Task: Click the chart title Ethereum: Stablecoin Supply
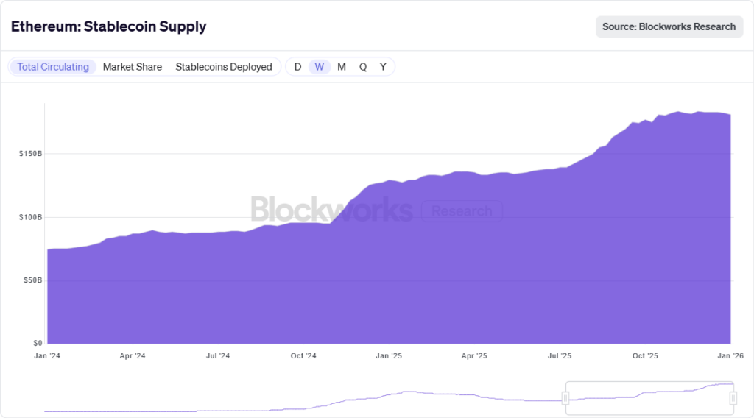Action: coord(108,26)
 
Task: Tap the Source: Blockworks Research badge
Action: coord(669,26)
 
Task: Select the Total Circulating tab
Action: coord(53,67)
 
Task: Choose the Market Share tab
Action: coord(133,67)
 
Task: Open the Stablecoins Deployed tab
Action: coord(224,67)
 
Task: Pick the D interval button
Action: coord(297,67)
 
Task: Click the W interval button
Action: coord(319,67)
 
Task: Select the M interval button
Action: coord(342,67)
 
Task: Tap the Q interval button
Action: coord(363,67)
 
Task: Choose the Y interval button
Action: coord(383,67)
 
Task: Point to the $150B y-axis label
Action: coord(29,154)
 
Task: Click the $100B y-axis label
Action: coord(29,217)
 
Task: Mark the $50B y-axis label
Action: coord(31,280)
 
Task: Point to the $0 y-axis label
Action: coord(35,343)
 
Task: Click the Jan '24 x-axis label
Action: coord(47,356)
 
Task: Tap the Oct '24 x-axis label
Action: coord(303,356)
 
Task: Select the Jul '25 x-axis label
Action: coord(560,356)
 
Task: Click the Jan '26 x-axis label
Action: coord(730,356)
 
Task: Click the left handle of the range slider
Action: coord(565,398)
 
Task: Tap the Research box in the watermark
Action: coord(462,212)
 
